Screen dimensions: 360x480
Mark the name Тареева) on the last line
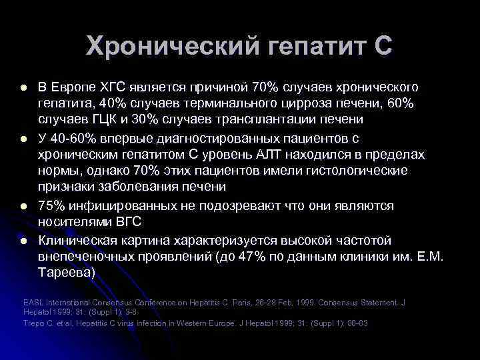[67, 273]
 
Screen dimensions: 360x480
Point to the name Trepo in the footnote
[34, 323]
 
